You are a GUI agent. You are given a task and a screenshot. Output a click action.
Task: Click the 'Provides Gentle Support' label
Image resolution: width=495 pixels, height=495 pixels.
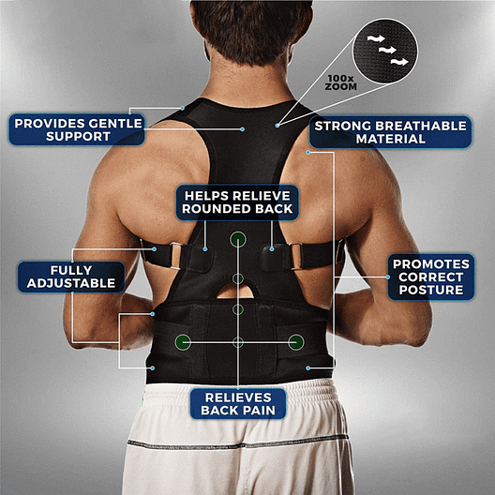tap(77, 129)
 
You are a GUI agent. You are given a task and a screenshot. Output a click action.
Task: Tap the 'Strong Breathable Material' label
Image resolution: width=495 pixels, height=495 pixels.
tap(391, 132)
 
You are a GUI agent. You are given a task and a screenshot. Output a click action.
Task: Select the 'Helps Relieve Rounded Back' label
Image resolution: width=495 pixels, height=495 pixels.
tap(237, 202)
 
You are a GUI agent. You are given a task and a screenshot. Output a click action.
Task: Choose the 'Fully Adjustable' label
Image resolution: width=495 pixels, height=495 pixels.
tap(71, 277)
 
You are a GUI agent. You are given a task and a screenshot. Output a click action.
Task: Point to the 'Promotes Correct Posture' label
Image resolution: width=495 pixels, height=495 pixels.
tap(431, 277)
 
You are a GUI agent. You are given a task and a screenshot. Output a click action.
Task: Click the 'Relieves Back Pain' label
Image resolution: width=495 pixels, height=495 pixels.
tap(238, 404)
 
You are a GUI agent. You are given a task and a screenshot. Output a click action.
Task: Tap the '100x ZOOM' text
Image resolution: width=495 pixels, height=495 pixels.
tap(341, 82)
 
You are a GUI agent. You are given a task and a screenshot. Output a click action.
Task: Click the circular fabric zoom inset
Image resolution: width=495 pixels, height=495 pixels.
tap(384, 51)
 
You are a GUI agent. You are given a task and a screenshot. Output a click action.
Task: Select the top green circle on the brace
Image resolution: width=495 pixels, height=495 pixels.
tap(238, 239)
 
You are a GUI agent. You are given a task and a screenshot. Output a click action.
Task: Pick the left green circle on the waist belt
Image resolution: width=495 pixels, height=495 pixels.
tap(183, 342)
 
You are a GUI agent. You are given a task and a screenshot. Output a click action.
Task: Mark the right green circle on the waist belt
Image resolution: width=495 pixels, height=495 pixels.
tap(296, 342)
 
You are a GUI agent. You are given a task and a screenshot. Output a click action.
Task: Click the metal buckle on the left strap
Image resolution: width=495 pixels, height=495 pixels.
tap(176, 255)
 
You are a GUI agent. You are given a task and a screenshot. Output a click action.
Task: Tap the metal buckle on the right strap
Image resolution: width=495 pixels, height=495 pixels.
tap(295, 256)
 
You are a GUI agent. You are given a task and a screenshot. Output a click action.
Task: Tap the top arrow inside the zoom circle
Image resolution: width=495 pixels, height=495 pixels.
tap(376, 38)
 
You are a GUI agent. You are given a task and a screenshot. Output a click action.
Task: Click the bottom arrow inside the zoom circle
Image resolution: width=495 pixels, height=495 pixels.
tap(399, 62)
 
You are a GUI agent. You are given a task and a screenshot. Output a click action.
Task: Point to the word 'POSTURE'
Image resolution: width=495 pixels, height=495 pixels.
tap(431, 290)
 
